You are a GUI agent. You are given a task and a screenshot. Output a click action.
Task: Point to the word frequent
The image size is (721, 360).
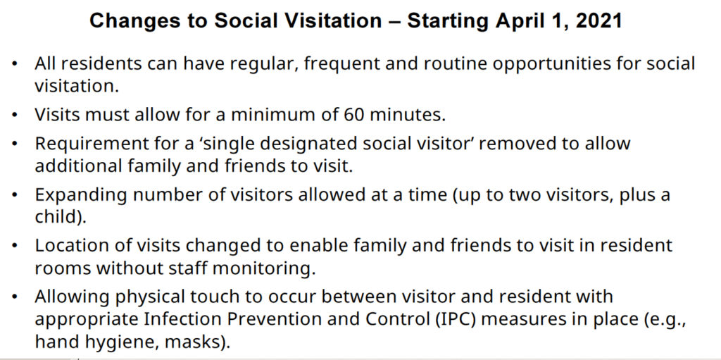point(341,64)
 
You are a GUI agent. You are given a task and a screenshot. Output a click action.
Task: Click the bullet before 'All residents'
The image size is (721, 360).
point(15,64)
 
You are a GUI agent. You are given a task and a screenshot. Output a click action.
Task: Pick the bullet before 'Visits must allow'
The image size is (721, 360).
point(15,115)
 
